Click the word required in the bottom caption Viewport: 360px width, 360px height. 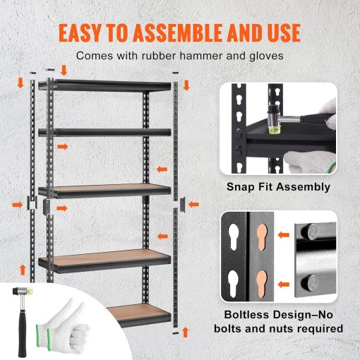(318, 328)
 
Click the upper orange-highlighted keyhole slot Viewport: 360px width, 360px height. (262, 236)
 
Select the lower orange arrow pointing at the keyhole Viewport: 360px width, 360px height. (284, 282)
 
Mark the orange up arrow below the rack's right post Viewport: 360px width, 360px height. (186, 332)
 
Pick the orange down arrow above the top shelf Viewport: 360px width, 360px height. (64, 69)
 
